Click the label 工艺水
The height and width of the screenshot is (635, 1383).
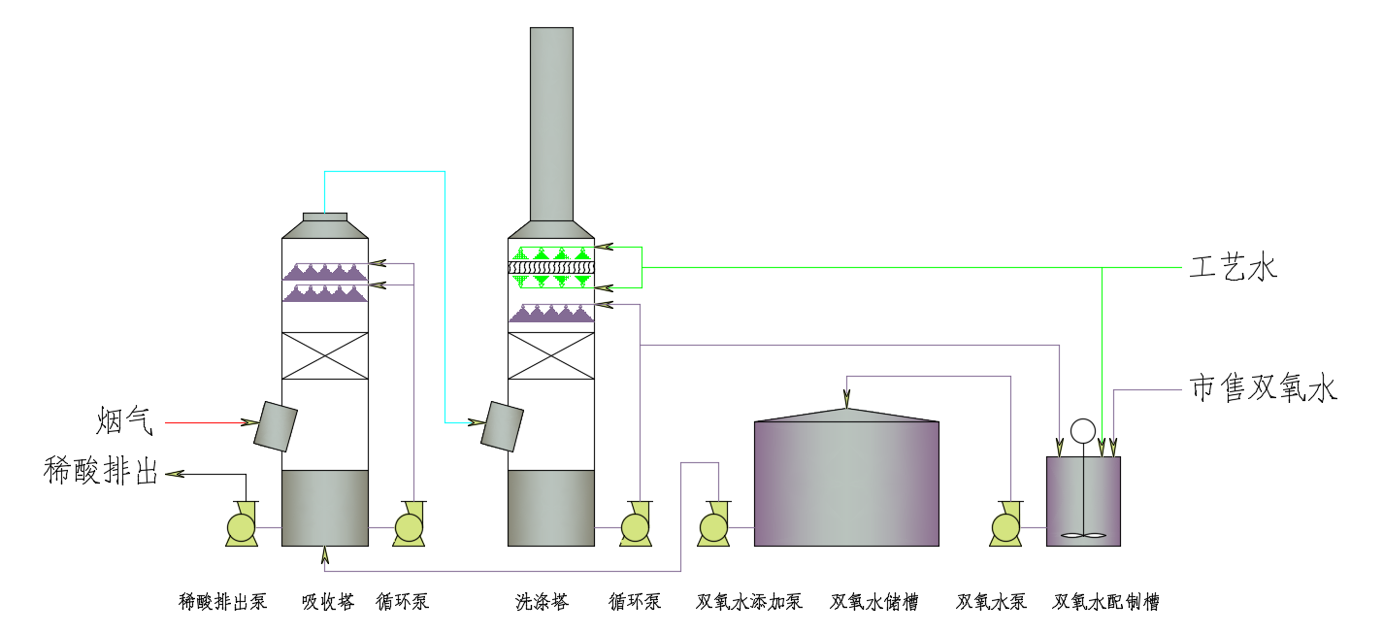pos(1233,268)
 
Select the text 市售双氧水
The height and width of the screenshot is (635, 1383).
pos(1264,389)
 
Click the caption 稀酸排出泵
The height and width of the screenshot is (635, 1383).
pos(222,602)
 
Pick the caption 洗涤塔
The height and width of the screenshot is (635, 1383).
pos(542,602)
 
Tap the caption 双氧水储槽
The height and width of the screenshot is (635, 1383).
pos(873,602)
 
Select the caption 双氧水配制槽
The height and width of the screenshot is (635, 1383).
pos(1106,602)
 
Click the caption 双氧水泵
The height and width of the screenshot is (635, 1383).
pos(991,602)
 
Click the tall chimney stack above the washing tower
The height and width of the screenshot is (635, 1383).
pos(551,126)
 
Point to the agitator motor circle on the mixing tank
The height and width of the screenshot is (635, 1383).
pos(1082,430)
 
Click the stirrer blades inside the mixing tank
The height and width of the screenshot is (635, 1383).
pos(1083,534)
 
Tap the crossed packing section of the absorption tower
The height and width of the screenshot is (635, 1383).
pos(325,355)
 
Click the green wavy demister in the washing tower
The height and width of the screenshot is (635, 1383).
pos(551,268)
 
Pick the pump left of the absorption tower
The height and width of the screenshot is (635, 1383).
pos(241,525)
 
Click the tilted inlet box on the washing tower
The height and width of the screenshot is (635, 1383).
pos(503,426)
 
